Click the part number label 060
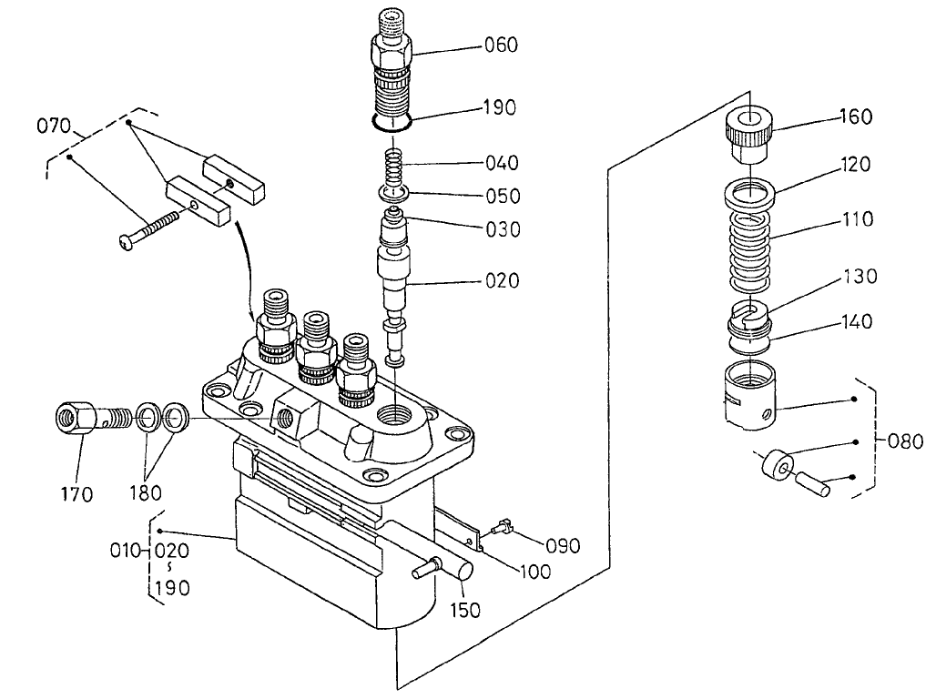500,44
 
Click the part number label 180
145,492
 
